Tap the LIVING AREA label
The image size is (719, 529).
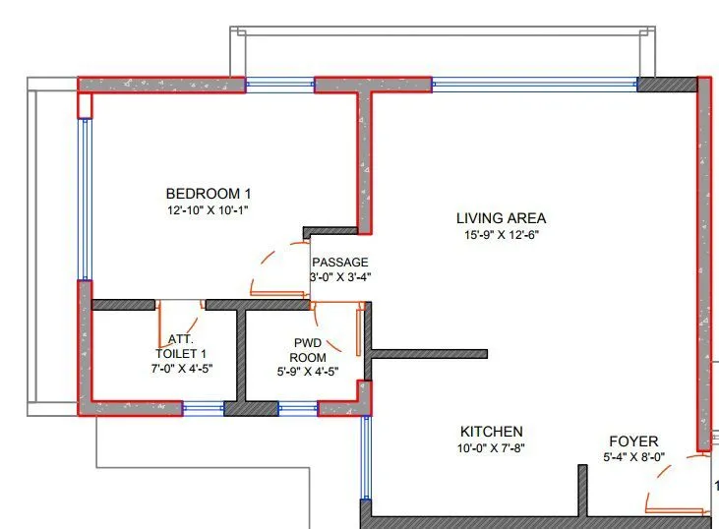point(501,218)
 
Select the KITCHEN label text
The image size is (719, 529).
point(492,432)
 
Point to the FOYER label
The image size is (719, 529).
point(633,441)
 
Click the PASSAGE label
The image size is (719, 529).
point(339,263)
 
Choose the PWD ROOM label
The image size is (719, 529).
point(307,350)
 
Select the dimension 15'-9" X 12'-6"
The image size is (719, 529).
point(502,235)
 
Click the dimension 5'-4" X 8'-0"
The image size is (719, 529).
point(634,457)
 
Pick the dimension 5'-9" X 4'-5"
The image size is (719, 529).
point(307,373)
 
